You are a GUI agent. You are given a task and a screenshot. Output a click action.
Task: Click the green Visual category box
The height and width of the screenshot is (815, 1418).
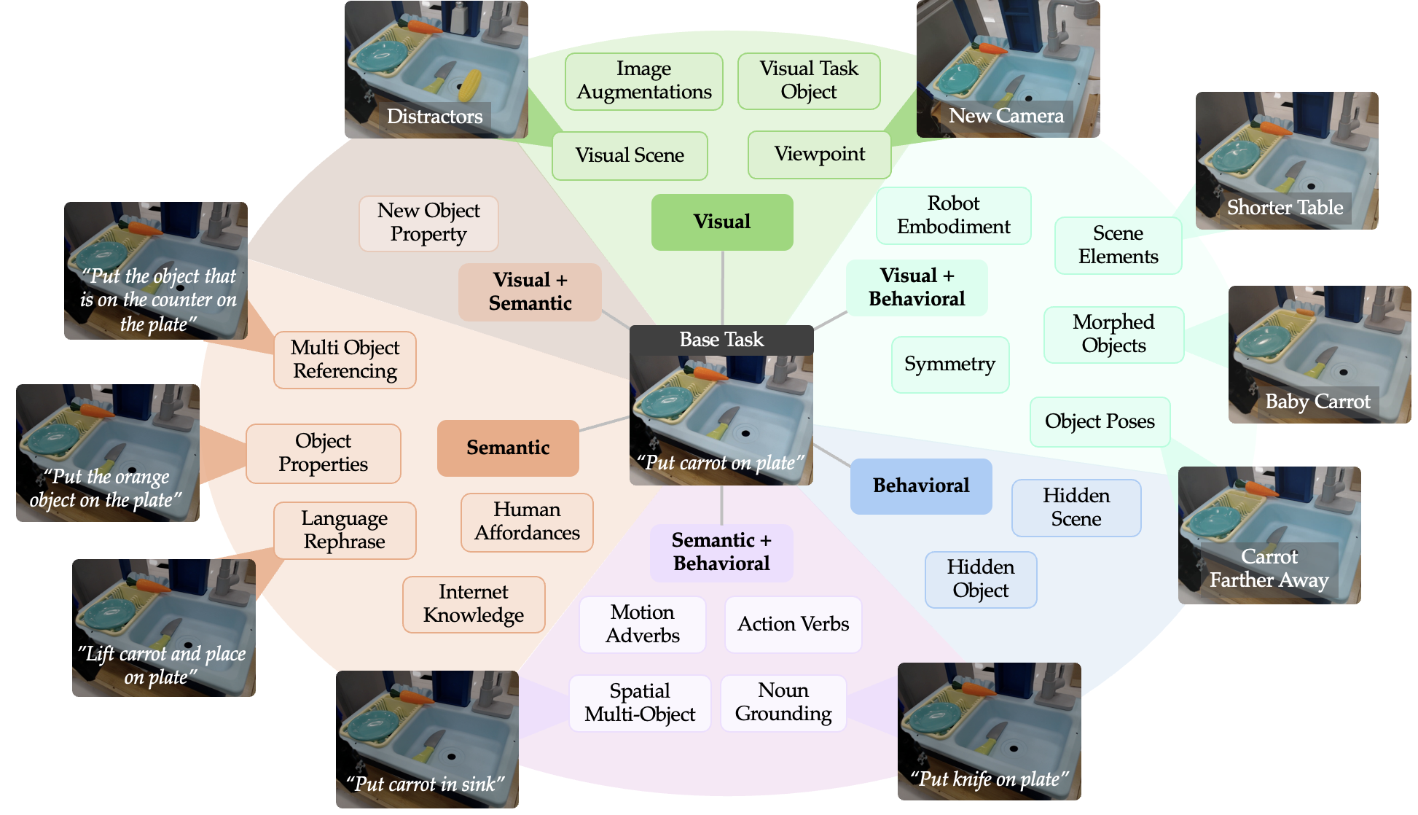[x=721, y=222]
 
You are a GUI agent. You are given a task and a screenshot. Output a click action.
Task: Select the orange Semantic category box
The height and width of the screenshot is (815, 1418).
[x=508, y=448]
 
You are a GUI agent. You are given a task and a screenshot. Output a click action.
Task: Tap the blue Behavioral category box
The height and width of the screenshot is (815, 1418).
[x=920, y=486]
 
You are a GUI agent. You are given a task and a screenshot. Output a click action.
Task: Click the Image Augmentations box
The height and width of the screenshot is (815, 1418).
[x=644, y=81]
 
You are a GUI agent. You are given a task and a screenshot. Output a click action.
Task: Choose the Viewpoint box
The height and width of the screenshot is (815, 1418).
[x=819, y=155]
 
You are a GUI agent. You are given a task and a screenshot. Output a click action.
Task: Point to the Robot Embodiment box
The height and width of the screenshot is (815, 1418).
[x=953, y=215]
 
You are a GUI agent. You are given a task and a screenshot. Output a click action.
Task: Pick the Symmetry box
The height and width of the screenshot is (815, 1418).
[x=949, y=364]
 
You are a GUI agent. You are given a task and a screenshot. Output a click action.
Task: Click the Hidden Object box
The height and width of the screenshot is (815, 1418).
[x=980, y=579]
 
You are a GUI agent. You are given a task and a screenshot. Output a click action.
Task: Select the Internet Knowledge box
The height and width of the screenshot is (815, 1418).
[x=474, y=604]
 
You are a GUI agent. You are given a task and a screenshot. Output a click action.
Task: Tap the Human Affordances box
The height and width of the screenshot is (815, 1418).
[x=527, y=521]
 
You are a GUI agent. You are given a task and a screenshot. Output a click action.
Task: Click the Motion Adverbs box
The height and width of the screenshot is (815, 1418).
[x=642, y=624]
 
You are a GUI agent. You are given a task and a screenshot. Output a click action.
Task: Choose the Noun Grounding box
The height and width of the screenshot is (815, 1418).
[x=783, y=702]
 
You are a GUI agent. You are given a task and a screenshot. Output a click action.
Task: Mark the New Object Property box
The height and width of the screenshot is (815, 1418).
[x=428, y=222]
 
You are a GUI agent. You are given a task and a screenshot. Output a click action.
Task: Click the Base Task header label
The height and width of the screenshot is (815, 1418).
[x=721, y=340]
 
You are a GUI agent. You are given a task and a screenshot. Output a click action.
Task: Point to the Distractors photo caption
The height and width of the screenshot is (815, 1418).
[x=434, y=117]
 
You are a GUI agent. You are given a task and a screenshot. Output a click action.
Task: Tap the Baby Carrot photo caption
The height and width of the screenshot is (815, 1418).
[x=1317, y=402]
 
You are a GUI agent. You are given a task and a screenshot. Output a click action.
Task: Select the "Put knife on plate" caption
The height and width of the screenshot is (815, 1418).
[x=989, y=779]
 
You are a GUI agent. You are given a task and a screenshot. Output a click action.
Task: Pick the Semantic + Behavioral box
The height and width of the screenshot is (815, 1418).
[x=721, y=552]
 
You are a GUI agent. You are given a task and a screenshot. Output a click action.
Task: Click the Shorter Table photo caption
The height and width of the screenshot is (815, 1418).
[x=1285, y=208]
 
